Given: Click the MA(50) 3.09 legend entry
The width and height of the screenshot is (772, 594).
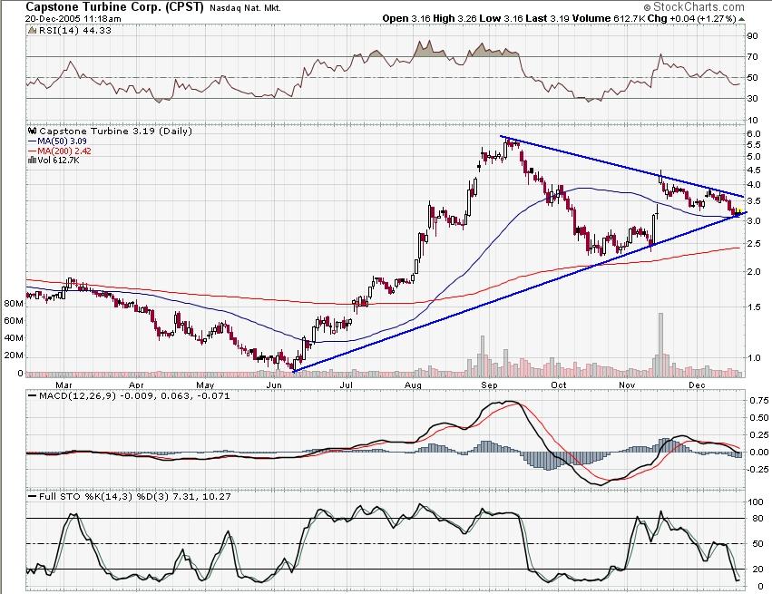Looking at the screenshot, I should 63,141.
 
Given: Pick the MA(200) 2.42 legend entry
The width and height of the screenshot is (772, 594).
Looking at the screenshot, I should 65,151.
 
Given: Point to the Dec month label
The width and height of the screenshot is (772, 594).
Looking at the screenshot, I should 697,385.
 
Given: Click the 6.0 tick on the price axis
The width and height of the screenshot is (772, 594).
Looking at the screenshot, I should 753,133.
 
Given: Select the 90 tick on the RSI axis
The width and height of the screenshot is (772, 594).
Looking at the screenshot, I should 751,36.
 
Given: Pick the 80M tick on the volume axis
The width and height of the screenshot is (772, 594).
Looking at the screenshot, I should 12,305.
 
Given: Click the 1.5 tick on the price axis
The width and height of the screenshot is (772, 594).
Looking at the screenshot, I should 753,307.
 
